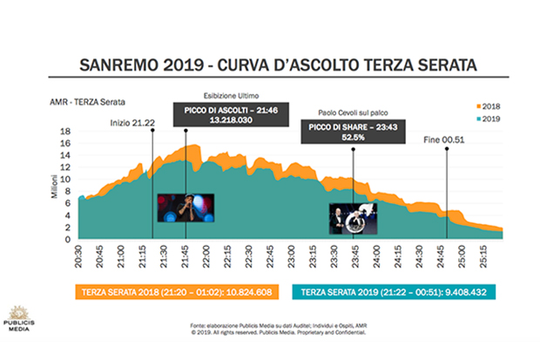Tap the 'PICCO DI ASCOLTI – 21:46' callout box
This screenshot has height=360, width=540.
click(225, 114)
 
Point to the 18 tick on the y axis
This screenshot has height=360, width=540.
click(66, 132)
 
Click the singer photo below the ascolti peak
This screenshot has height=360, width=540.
click(186, 208)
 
